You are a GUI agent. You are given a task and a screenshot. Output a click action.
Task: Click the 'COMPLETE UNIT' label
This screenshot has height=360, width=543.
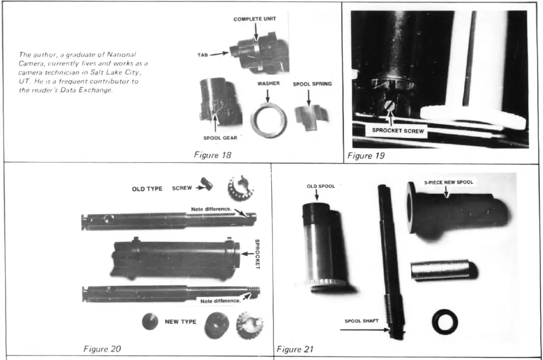pos(255,19)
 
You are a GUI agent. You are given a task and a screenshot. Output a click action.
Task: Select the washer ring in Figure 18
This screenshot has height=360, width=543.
pos(268,118)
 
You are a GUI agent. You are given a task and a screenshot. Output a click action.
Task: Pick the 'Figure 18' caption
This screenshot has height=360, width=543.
pos(213,155)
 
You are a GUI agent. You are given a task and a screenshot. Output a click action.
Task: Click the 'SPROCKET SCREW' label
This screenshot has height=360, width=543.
pos(396,131)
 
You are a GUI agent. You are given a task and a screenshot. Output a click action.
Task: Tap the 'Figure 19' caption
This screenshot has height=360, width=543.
pos(366,156)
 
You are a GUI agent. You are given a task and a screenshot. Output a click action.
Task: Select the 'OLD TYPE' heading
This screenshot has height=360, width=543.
pos(147,189)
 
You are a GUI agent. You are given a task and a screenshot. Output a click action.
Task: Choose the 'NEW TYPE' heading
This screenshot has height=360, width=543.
pos(180,322)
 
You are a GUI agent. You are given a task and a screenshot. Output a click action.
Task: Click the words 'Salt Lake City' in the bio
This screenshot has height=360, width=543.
pos(117,73)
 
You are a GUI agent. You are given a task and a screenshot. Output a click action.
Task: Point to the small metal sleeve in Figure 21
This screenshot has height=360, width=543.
pos(443,269)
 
